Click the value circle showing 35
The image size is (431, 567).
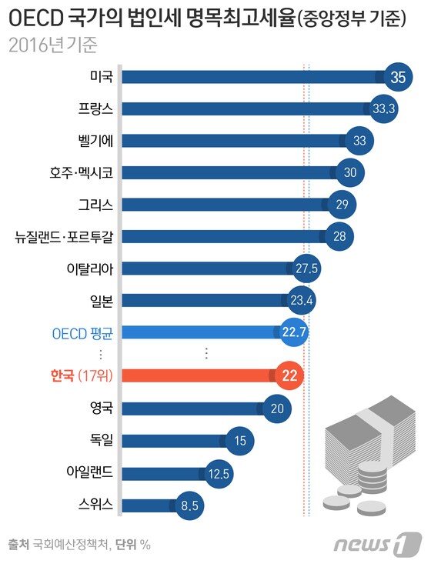398,77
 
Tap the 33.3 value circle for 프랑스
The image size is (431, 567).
383,108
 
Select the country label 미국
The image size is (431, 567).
101,77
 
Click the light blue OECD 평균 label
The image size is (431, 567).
81,332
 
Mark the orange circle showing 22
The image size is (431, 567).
289,375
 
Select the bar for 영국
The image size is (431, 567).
192,408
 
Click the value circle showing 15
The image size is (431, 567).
240,440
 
